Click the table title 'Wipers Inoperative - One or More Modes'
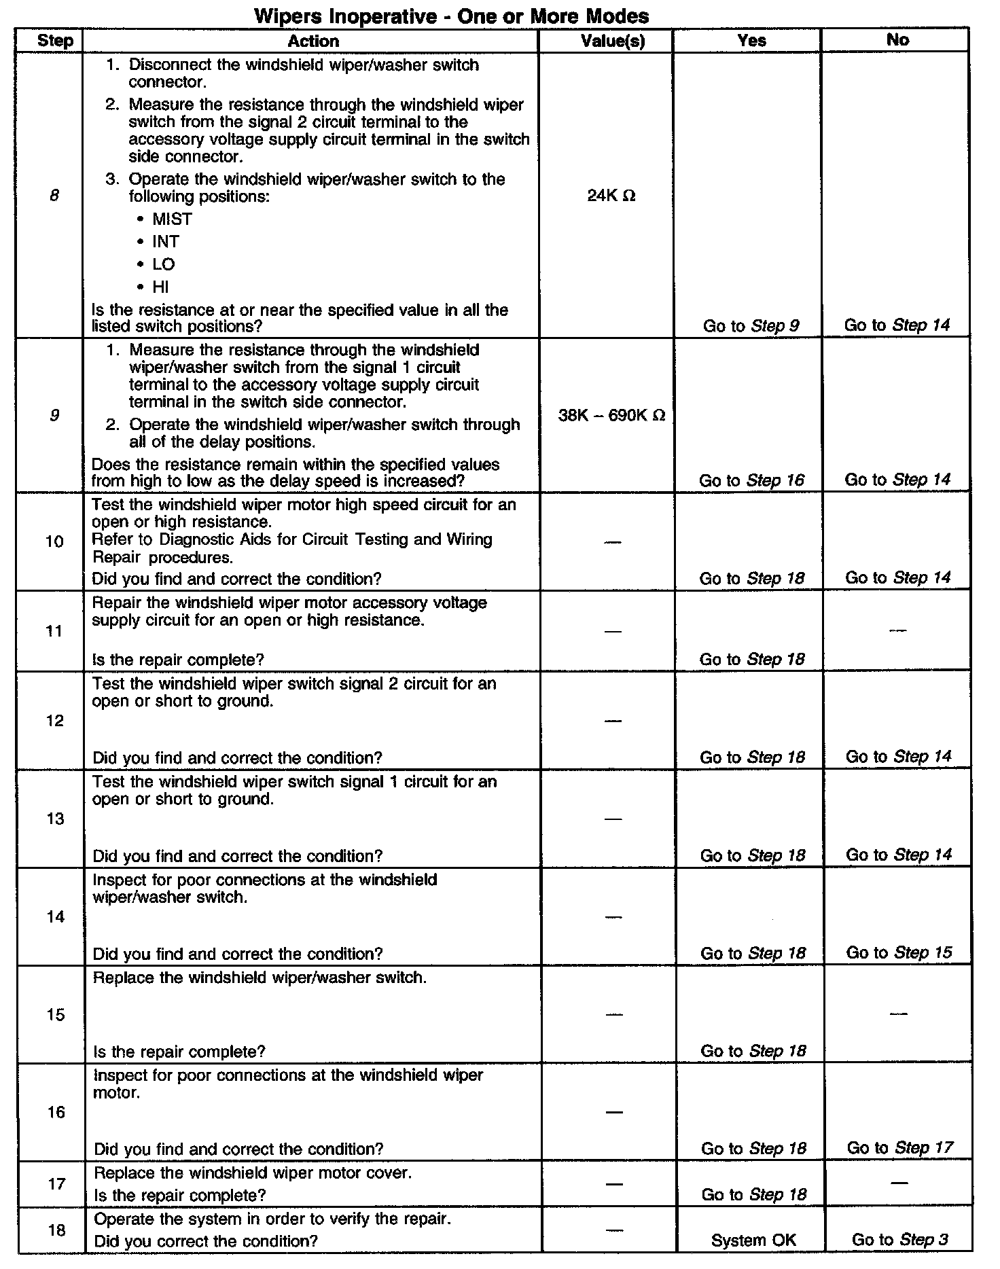451,15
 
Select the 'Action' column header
313,41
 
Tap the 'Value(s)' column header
613,41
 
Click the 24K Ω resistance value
611,196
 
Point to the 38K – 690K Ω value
611,415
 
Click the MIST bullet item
172,219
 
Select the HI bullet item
160,287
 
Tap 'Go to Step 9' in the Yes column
751,326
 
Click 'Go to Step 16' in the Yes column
751,480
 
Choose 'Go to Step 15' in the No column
899,952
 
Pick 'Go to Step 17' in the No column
899,1148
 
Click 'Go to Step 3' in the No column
899,1240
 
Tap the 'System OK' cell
753,1240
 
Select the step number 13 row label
54,819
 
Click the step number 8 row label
54,196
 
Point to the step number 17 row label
56,1184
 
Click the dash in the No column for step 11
897,631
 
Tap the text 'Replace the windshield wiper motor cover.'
253,1173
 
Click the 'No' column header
897,40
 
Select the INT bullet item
165,242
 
